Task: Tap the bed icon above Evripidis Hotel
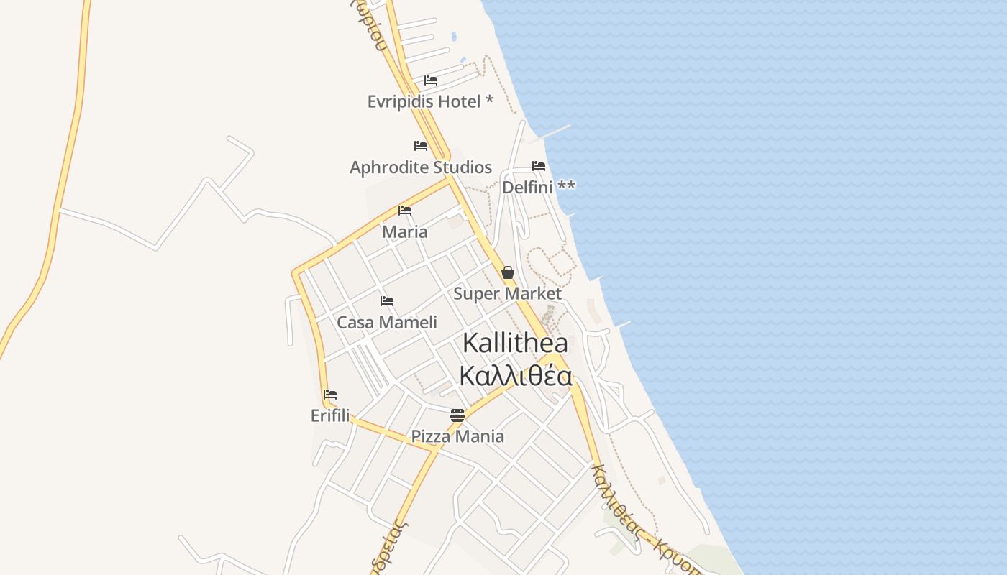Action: tap(431, 80)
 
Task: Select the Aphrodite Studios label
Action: tap(421, 167)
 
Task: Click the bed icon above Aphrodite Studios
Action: tap(421, 146)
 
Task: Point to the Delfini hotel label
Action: tap(528, 188)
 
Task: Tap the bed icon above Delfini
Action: tap(539, 166)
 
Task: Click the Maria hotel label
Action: tap(405, 232)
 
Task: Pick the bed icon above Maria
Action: tap(405, 211)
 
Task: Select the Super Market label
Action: tap(507, 293)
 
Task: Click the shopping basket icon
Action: tap(508, 272)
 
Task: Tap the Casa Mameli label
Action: tap(387, 323)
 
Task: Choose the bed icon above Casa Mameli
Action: tap(387, 301)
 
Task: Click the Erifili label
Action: tap(330, 415)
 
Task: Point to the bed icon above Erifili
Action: tap(330, 395)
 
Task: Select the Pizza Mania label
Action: tap(457, 436)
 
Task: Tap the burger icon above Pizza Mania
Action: tap(457, 415)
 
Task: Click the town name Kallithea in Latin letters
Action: tap(515, 343)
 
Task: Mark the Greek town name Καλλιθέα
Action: tap(515, 376)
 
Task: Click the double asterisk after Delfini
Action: tap(567, 186)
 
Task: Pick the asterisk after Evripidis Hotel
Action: tap(490, 101)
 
